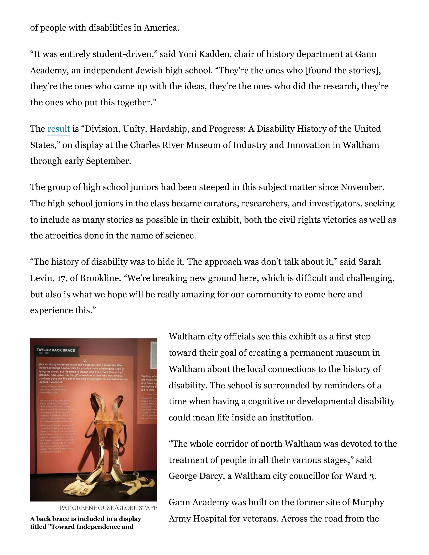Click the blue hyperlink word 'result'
click(59, 129)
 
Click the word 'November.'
click(362, 187)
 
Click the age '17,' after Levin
click(61, 278)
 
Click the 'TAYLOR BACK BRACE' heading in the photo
click(56, 350)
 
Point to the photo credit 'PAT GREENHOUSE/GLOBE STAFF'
click(108, 508)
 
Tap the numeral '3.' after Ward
click(372, 476)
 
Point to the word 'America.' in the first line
click(162, 28)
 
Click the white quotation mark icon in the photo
click(85, 360)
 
